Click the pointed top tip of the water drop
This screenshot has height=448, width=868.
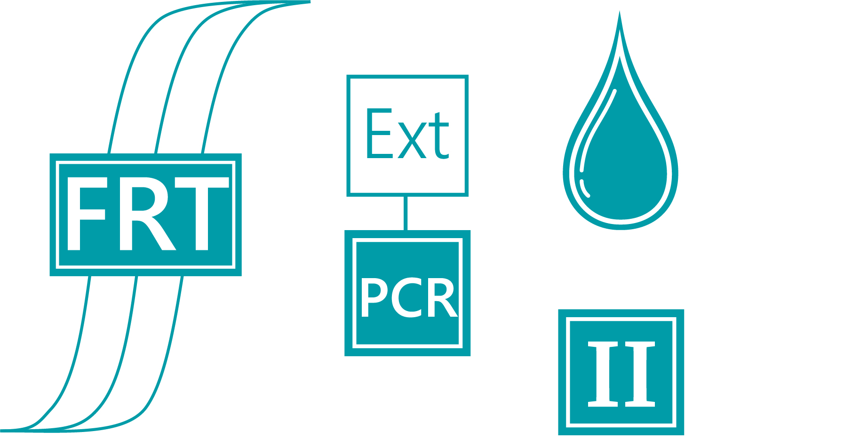click(620, 11)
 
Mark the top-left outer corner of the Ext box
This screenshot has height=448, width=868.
click(347, 75)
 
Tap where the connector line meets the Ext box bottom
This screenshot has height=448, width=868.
click(406, 196)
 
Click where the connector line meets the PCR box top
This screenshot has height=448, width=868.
click(406, 230)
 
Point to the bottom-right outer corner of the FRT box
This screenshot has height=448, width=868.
click(241, 276)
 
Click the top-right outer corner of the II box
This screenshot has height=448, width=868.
click(684, 310)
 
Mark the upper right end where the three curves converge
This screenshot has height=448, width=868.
click(310, 2)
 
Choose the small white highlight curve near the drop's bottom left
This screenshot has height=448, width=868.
click(585, 188)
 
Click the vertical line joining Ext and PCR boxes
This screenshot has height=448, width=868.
click(406, 213)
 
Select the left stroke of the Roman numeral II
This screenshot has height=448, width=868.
click(603, 374)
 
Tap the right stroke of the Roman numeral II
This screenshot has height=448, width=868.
click(640, 374)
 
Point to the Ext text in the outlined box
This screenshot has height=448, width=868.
click(407, 134)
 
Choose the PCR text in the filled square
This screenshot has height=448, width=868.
click(408, 297)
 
